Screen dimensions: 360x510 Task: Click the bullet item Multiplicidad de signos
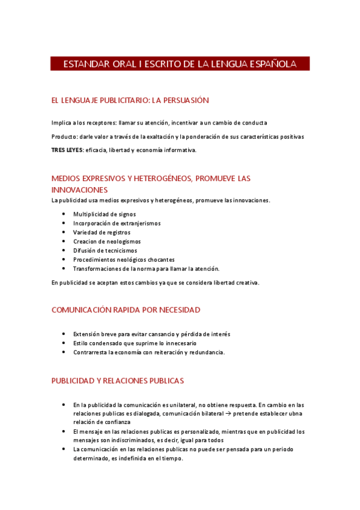point(105,214)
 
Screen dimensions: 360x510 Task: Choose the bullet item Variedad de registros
point(102,232)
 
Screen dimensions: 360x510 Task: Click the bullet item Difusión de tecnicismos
point(105,250)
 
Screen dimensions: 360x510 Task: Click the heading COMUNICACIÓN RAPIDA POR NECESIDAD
point(126,310)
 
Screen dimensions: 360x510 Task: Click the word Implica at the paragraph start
point(61,122)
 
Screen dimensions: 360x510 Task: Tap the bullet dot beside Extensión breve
point(64,334)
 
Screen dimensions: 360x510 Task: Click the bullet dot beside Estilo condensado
point(64,343)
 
